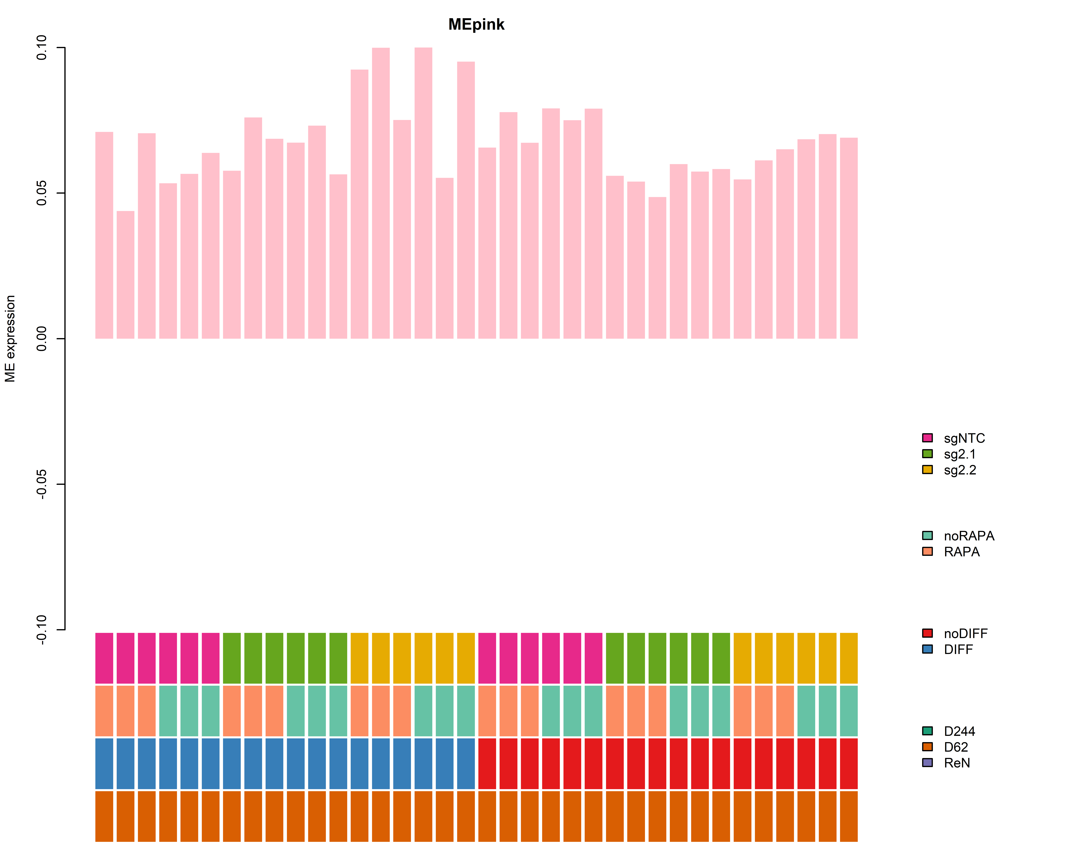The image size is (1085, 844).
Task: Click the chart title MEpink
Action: click(476, 24)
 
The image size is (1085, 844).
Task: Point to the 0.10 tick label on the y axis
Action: click(42, 48)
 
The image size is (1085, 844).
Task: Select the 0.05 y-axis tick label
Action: click(42, 193)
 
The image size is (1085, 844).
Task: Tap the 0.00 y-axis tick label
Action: click(42, 339)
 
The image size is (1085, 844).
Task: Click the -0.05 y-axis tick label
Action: click(42, 484)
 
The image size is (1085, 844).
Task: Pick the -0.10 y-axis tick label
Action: click(42, 630)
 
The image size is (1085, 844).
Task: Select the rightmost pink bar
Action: click(848, 238)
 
